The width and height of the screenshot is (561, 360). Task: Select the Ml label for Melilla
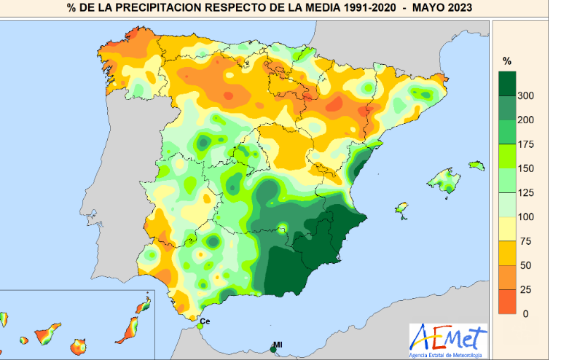pos(278,344)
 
